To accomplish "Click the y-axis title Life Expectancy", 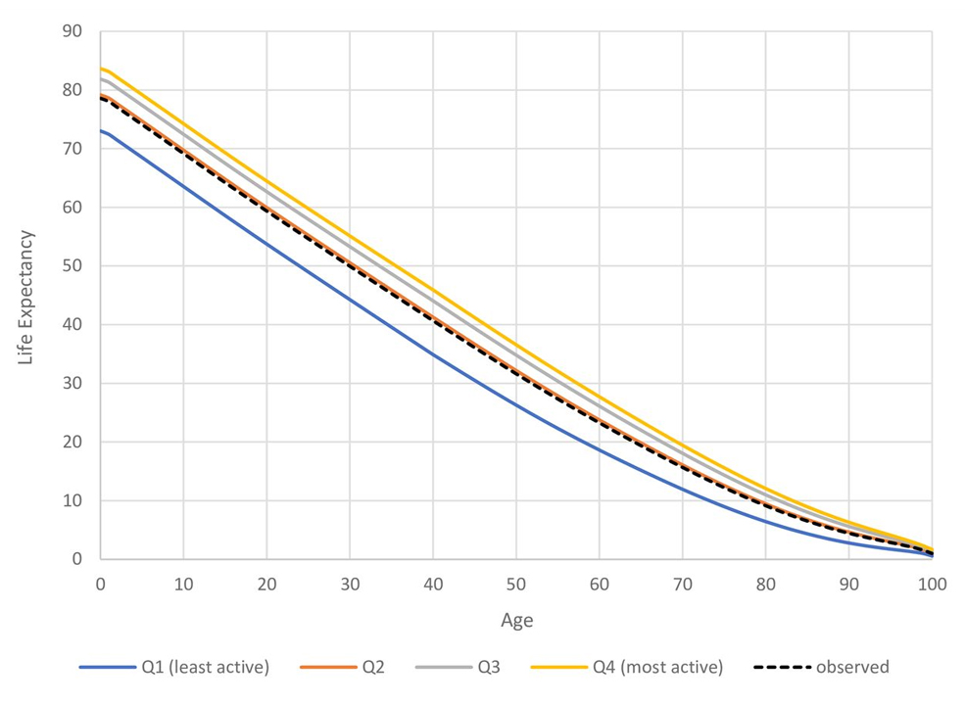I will (26, 298).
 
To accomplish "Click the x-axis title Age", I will (516, 621).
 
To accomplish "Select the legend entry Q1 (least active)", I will (203, 668).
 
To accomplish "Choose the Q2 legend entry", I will (372, 668).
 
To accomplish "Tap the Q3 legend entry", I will (489, 668).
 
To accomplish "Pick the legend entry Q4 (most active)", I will (657, 668).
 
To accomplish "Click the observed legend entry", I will (851, 668).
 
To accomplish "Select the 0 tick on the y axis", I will (77, 559).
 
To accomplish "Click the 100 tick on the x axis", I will (932, 584).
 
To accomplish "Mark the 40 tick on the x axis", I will (433, 584).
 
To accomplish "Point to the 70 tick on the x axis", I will (683, 584).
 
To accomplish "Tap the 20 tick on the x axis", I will (266, 584).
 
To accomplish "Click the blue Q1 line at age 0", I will (101, 130).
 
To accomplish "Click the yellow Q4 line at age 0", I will (101, 69).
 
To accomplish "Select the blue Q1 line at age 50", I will (516, 404).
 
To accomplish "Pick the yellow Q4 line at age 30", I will (350, 235).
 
